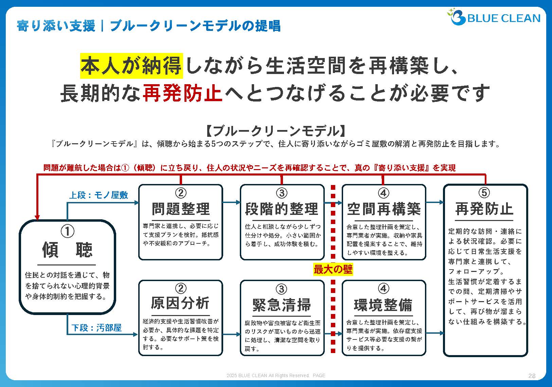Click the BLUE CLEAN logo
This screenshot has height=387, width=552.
495,17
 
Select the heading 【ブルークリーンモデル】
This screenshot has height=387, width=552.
276,131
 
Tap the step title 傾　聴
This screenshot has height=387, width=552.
67,250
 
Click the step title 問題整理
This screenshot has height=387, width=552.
181,209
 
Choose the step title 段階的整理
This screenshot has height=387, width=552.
282,209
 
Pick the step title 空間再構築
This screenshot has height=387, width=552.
384,209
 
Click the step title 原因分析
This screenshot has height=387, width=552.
180,303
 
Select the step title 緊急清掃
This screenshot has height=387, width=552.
282,305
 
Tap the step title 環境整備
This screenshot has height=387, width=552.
383,305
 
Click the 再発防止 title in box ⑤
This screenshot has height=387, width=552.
484,209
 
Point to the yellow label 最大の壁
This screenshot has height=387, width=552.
333,270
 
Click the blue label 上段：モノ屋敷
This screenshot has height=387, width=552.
99,195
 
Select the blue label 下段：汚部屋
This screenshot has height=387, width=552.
96,328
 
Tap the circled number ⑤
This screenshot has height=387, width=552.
484,193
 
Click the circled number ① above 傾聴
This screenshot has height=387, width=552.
67,232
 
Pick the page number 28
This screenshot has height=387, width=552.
532,376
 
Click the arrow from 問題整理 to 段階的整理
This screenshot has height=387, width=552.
232,202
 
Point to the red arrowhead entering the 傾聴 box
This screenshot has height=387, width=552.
37,217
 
